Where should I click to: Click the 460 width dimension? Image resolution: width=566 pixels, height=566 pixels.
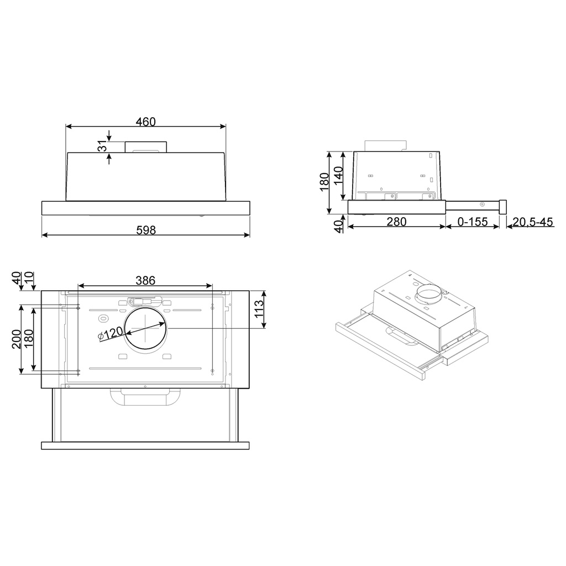146,122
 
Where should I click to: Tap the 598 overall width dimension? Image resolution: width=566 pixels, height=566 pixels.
146,230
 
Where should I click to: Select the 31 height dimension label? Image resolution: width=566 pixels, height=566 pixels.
103,146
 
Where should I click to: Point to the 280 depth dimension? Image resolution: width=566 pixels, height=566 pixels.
396,222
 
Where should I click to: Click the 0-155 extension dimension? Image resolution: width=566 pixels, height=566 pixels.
473,222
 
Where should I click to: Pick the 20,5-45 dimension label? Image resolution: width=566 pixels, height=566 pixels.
532,222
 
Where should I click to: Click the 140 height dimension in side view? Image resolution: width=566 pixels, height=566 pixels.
338,175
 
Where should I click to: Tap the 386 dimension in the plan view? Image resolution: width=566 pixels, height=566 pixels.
145,280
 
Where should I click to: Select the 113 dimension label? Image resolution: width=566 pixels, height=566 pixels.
259,309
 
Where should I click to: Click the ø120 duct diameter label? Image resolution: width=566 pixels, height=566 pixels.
111,333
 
